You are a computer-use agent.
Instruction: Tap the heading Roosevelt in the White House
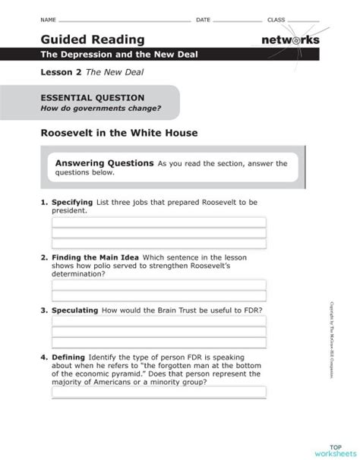pyautogui.click(x=118, y=133)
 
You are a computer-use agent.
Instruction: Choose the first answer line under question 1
pyautogui.click(x=158, y=222)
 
